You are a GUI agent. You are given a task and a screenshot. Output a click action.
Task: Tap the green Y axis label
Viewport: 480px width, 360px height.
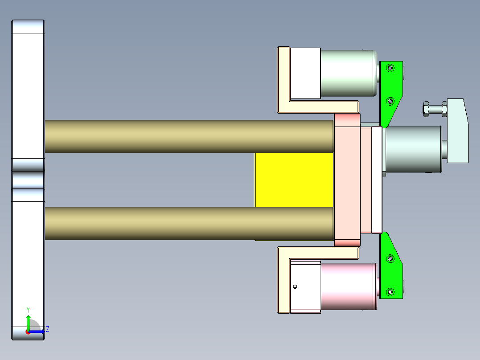point(28,310)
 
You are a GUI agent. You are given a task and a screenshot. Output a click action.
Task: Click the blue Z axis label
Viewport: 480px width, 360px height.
point(47,329)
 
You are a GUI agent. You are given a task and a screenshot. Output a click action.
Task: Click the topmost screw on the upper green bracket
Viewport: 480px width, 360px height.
point(391,68)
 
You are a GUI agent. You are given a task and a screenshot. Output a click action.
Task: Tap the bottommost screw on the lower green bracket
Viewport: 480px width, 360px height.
point(391,292)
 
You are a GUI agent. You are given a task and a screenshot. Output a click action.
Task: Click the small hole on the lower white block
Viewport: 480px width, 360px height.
point(295,286)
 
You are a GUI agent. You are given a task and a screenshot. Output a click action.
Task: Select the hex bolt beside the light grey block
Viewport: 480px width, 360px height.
point(434,108)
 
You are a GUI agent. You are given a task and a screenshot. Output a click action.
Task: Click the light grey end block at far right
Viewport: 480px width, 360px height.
point(458,131)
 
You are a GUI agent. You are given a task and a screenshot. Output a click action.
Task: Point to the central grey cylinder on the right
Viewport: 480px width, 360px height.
point(413,149)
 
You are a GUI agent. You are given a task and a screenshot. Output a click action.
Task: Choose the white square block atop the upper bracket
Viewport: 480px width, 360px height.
point(305,73)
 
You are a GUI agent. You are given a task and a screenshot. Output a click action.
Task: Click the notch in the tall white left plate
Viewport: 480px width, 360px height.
point(28,180)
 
